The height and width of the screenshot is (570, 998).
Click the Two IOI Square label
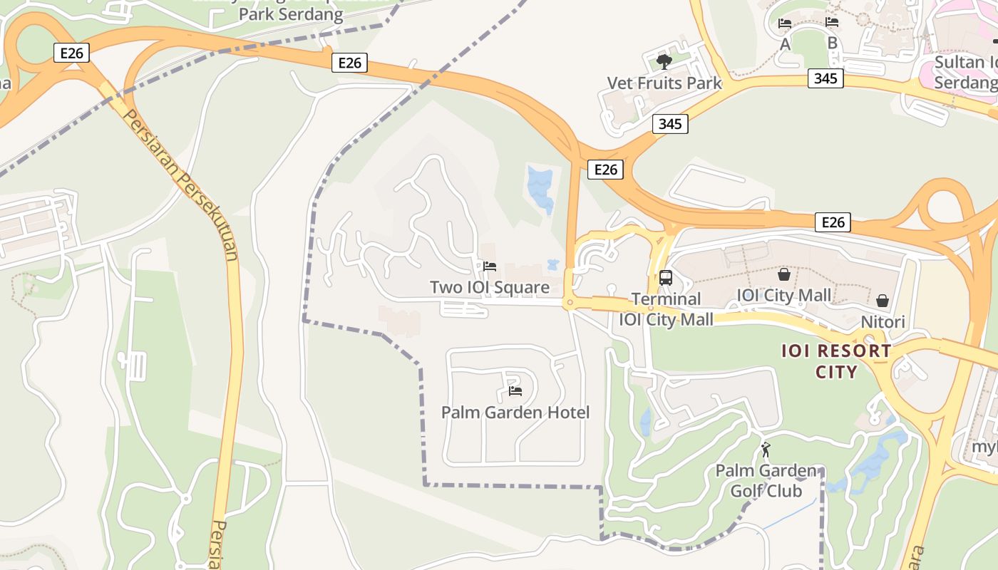(490, 287)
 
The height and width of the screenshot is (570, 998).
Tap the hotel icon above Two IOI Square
(490, 266)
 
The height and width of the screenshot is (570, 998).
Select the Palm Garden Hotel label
(515, 413)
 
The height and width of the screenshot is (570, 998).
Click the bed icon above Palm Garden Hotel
(515, 390)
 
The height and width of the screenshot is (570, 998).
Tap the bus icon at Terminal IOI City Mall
(666, 277)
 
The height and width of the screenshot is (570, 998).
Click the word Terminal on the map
(666, 299)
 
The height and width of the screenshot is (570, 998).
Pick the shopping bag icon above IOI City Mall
(784, 274)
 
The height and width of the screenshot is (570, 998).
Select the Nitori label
(883, 322)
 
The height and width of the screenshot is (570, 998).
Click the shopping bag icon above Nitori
(883, 301)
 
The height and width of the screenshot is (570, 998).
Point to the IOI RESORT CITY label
(836, 361)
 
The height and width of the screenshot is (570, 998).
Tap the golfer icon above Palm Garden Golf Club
(766, 450)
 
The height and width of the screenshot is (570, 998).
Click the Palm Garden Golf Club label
(766, 481)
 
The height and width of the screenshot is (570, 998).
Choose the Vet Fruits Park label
(664, 83)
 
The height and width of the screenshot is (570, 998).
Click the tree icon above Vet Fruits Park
(664, 61)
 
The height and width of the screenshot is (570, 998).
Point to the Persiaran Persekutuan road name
(181, 185)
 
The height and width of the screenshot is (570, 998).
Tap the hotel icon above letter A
(785, 23)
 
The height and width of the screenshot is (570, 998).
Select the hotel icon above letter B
(832, 22)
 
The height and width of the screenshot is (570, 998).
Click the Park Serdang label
(291, 14)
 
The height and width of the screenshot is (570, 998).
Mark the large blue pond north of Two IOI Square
(540, 188)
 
